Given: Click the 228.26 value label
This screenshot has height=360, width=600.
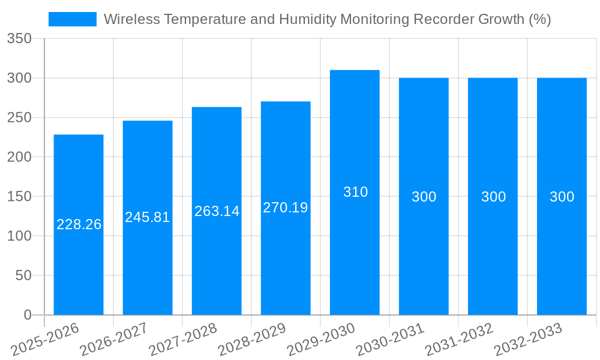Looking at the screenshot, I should pyautogui.click(x=79, y=224).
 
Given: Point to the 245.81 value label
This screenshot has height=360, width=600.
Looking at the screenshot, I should pyautogui.click(x=148, y=217).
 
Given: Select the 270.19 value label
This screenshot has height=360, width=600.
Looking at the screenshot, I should pyautogui.click(x=286, y=208).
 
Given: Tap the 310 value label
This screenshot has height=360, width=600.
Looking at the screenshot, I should pyautogui.click(x=355, y=192).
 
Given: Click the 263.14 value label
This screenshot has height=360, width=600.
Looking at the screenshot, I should pyautogui.click(x=217, y=211).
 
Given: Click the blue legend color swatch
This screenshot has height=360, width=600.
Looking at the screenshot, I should pyautogui.click(x=72, y=19).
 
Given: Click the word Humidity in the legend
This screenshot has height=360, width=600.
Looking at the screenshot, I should pyautogui.click(x=308, y=19).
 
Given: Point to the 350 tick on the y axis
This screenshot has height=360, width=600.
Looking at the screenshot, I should pyautogui.click(x=19, y=38).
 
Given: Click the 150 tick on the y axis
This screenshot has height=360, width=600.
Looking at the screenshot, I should pyautogui.click(x=19, y=196).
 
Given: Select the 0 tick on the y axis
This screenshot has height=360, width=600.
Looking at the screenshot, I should pyautogui.click(x=27, y=314).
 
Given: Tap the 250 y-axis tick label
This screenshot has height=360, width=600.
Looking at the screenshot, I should pyautogui.click(x=19, y=118).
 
